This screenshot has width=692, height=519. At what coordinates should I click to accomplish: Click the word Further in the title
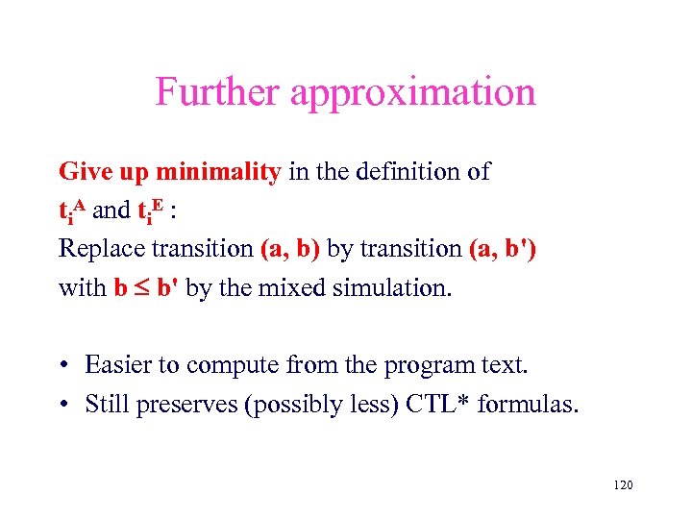(218, 92)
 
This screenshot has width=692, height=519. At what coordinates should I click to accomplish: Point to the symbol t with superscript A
(72, 210)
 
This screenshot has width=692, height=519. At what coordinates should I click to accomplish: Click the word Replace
(100, 249)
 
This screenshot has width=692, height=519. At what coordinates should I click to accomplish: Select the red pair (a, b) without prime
(291, 248)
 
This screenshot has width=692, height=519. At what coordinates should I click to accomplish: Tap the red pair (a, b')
(505, 248)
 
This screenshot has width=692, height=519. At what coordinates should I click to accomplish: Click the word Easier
(119, 365)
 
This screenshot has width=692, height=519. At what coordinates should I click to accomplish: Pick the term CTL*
(433, 404)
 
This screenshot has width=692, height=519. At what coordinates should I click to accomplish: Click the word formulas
(529, 404)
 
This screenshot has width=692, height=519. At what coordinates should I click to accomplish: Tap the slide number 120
(622, 485)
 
